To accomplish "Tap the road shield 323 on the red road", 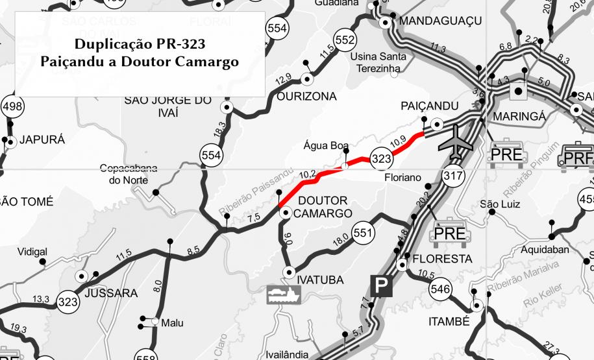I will (381, 157).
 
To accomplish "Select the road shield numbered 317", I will (450, 175).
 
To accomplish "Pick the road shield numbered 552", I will (345, 40).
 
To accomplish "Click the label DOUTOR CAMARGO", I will (323, 207).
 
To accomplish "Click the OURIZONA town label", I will (306, 97).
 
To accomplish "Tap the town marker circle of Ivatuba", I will (289, 272).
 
